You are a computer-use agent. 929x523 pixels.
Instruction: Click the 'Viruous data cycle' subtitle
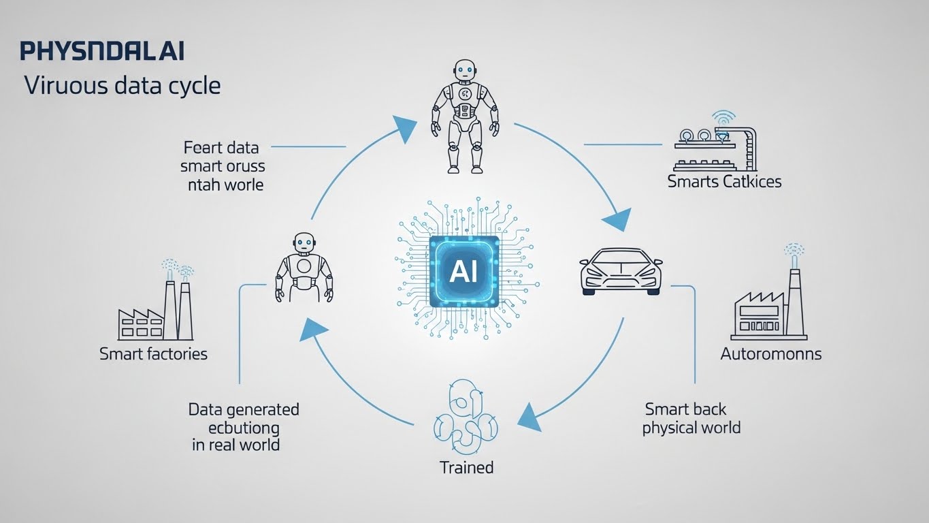(x=122, y=86)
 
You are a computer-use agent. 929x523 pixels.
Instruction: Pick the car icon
(x=620, y=270)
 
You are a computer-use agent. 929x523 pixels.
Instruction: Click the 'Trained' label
(x=466, y=468)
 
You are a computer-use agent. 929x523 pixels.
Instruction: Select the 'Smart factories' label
(x=153, y=354)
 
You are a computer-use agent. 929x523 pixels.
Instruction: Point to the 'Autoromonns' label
(x=771, y=354)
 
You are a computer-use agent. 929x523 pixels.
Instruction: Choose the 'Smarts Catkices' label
(x=724, y=181)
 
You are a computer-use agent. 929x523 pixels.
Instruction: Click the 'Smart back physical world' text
(x=691, y=419)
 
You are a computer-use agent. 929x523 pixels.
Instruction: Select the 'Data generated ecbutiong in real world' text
(x=243, y=427)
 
